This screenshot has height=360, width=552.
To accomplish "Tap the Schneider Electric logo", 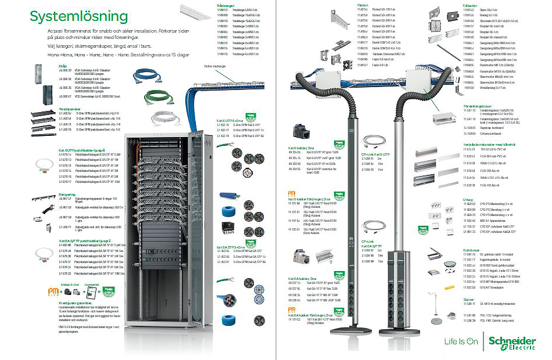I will coord(512,343).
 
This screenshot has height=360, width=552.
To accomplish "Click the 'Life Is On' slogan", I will coord(462,341).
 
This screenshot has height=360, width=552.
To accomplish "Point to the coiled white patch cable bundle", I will coord(165,118).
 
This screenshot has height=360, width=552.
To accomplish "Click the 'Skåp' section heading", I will coord(62,66).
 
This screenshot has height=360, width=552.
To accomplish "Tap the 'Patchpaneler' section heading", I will coord(69,109).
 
